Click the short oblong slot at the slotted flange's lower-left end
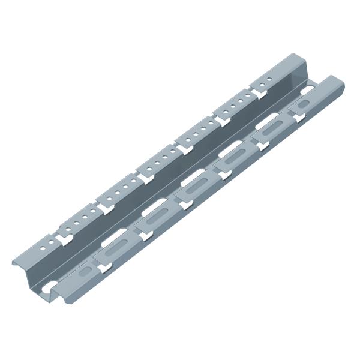click(x=84, y=274)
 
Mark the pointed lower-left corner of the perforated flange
click(x=13, y=262)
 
